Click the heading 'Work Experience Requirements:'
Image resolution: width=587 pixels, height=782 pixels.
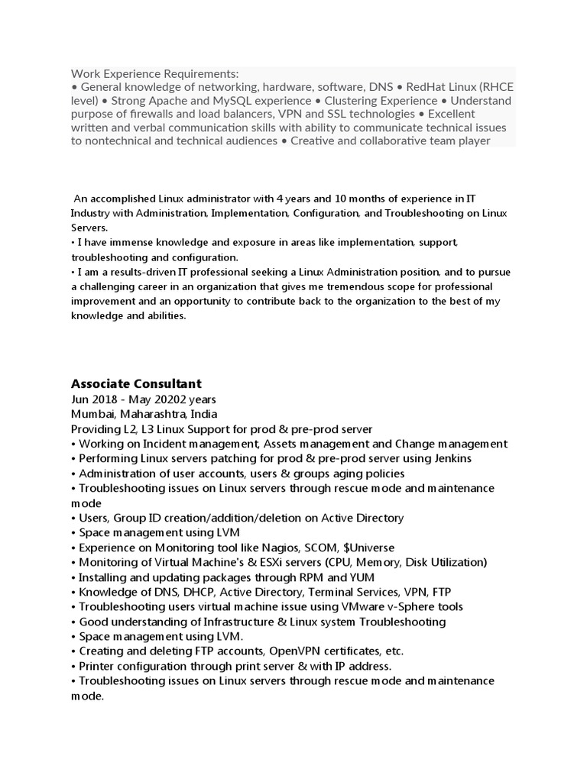pos(154,74)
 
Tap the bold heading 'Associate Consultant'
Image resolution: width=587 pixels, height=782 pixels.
pos(136,383)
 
